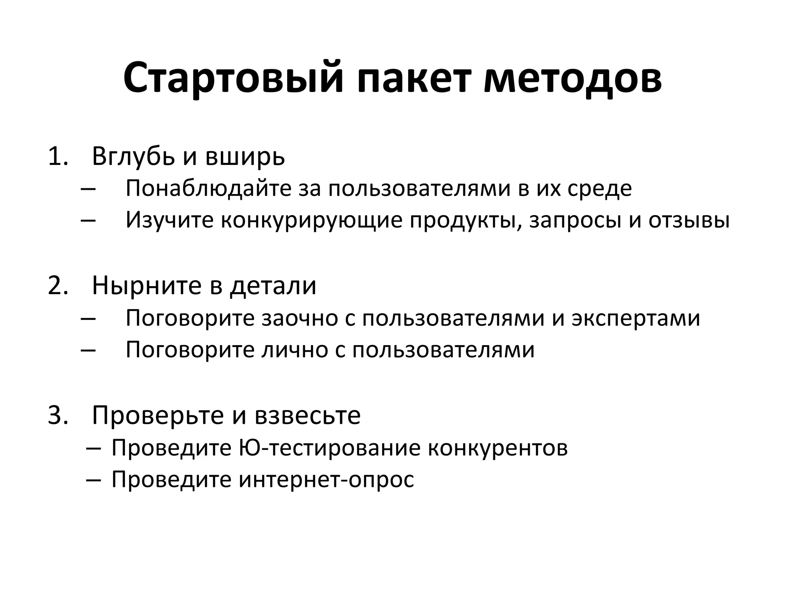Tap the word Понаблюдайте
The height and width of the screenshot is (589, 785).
[209, 189]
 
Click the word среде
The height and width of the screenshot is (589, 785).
[599, 189]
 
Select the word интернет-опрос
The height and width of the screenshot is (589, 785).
[326, 479]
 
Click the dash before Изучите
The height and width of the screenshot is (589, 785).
[89, 221]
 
